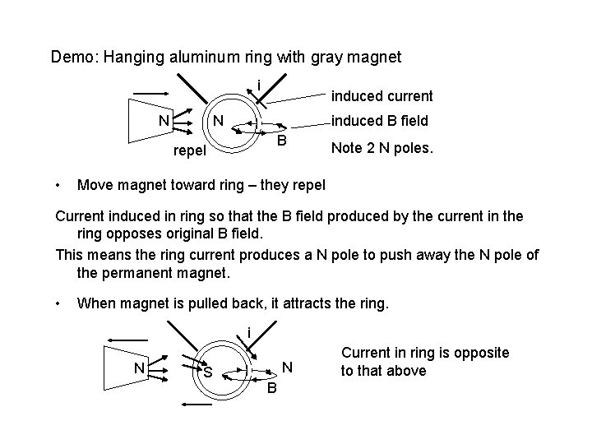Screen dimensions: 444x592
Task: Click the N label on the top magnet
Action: [164, 121]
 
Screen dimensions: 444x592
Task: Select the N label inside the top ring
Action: [219, 121]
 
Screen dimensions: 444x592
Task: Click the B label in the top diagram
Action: [280, 141]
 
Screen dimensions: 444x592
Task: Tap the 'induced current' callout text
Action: [382, 96]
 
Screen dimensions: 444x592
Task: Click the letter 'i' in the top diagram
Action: [258, 86]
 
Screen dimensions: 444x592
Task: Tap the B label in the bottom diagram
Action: [272, 388]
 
